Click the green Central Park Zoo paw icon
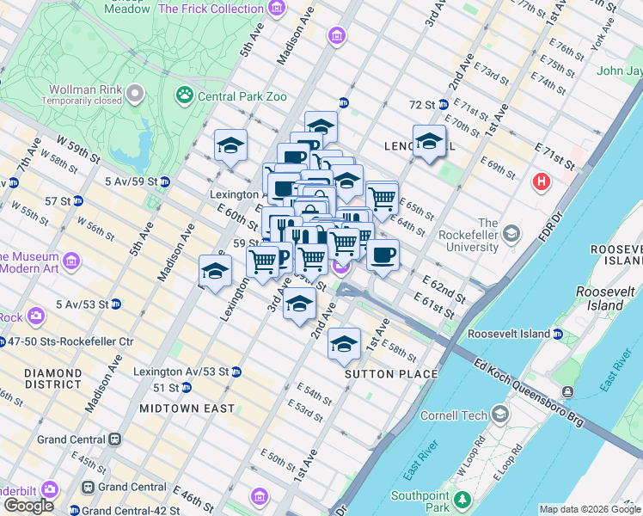pos(185,95)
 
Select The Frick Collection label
pos(211,9)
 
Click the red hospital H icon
pos(541,181)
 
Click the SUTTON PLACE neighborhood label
pos(391,374)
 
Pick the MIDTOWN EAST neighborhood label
pos(184,408)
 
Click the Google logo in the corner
pos(28,506)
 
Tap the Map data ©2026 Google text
pos(589,509)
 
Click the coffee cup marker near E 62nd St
pos(383,255)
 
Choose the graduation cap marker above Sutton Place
pos(344,344)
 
